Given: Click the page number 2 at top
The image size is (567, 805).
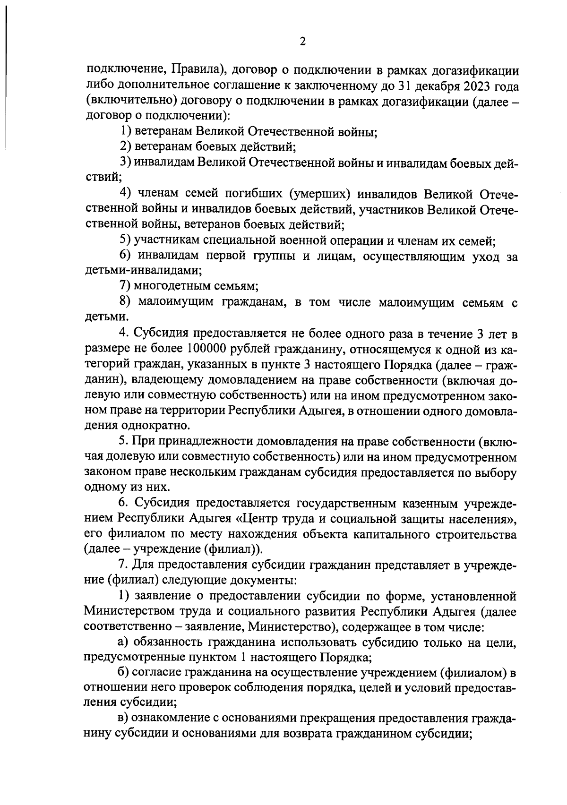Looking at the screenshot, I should click(x=303, y=42).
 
